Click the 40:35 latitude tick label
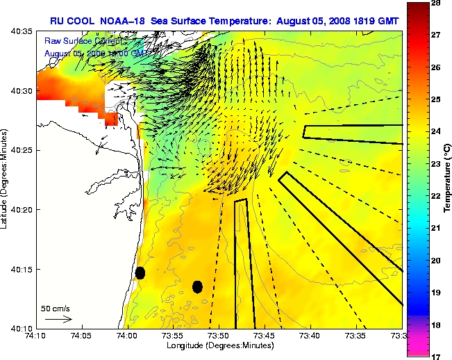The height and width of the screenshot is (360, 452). tap(19, 31)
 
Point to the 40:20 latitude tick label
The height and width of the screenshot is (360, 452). tap(19, 209)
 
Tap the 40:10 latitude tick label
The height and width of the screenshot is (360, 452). tap(19, 328)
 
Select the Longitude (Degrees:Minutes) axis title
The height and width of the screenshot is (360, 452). tap(219, 345)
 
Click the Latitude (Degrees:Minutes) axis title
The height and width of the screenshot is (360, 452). tap(6, 179)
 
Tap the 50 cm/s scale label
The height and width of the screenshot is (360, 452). tap(56, 308)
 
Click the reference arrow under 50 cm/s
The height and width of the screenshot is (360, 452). tap(58, 319)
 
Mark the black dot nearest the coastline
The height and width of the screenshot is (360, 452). tap(140, 272)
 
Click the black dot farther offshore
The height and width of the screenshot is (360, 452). tap(197, 286)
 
